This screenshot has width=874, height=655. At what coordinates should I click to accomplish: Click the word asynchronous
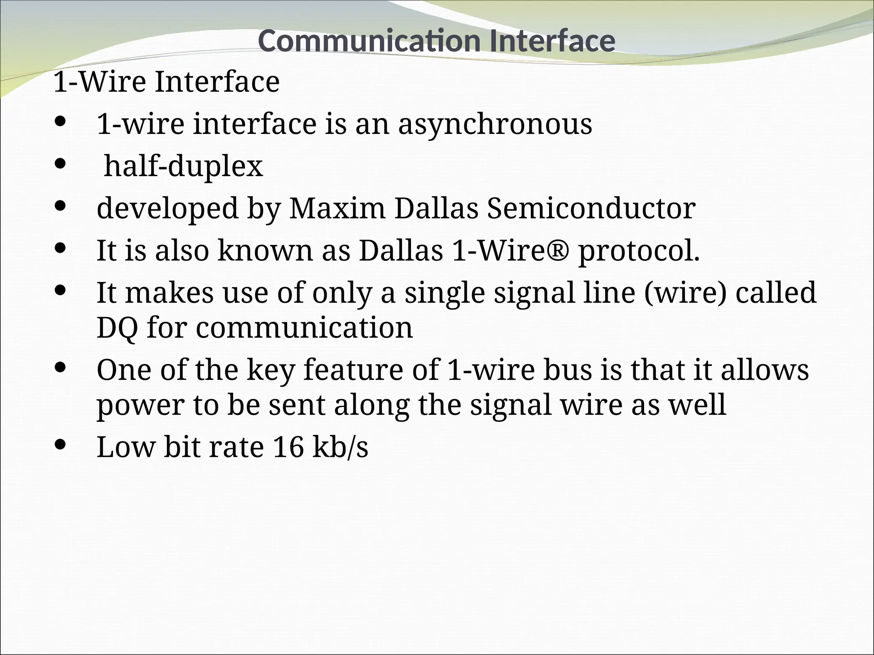[495, 125]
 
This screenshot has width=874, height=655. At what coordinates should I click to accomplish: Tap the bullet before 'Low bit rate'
[61, 445]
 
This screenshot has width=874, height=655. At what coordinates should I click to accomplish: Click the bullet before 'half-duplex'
[61, 164]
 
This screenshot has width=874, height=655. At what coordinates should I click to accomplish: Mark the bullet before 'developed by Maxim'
[61, 206]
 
